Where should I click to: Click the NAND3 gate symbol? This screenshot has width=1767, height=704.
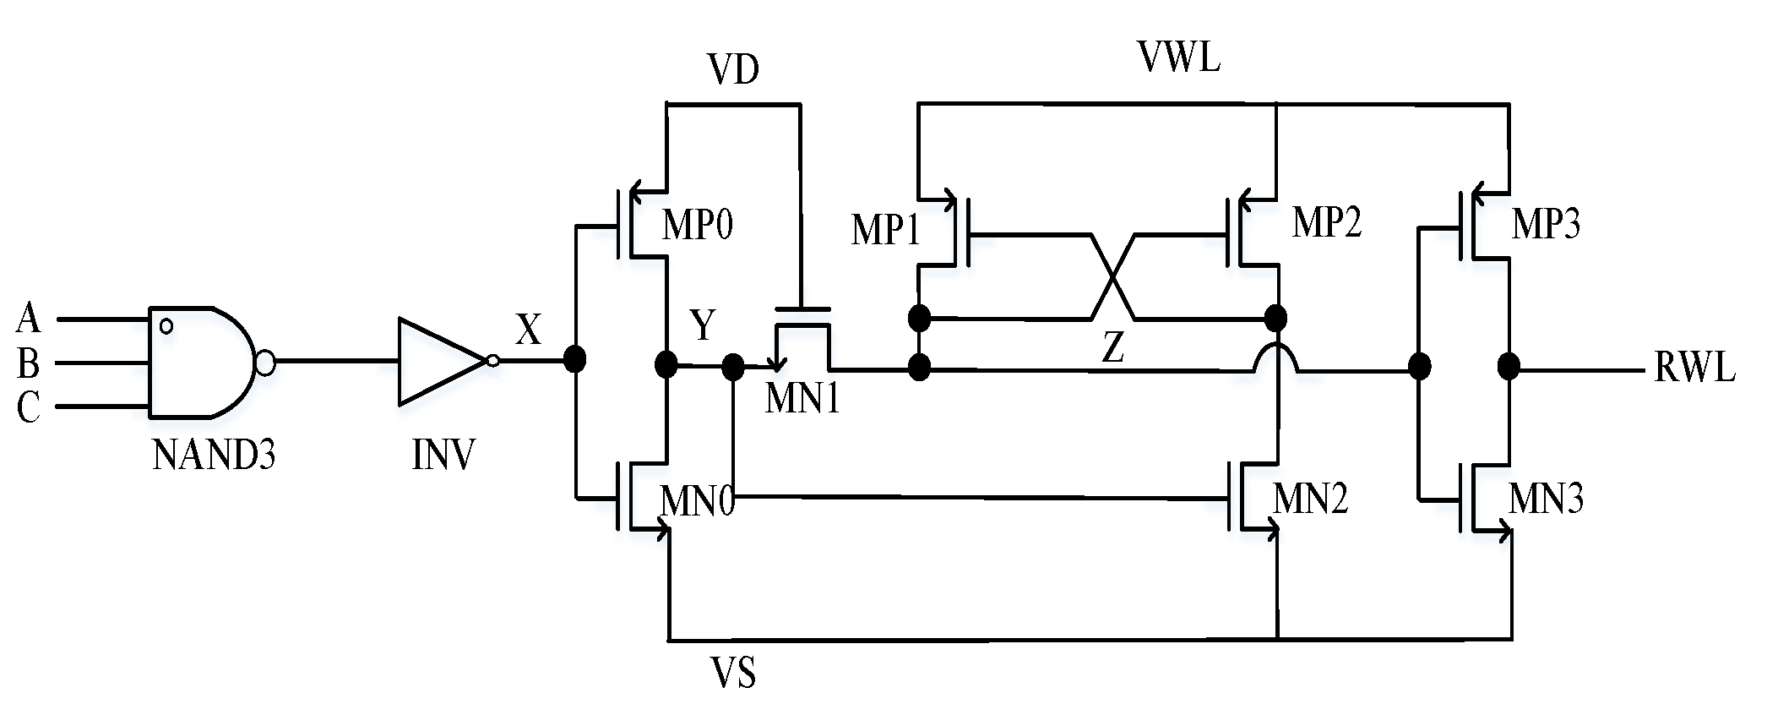click(x=203, y=363)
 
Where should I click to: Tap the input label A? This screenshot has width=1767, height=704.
click(x=28, y=319)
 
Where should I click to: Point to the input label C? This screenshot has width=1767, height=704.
click(x=28, y=408)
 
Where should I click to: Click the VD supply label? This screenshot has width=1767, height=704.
click(x=733, y=71)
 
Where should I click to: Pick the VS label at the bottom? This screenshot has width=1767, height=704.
click(x=733, y=674)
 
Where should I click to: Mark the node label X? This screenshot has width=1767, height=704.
click(x=529, y=330)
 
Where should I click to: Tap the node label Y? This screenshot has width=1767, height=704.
click(x=703, y=325)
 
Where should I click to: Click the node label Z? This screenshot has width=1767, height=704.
click(x=1113, y=347)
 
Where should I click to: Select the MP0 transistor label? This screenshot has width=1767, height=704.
click(x=698, y=226)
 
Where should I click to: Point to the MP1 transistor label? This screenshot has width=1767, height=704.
click(x=885, y=231)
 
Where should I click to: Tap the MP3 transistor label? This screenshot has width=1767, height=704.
click(x=1546, y=226)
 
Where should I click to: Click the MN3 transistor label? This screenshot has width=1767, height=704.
click(x=1546, y=499)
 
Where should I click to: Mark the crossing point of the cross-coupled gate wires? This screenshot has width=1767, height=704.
click(x=1113, y=277)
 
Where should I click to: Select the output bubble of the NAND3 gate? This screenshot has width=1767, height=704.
click(x=264, y=364)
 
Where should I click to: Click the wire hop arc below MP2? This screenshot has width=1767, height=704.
click(x=1276, y=355)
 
